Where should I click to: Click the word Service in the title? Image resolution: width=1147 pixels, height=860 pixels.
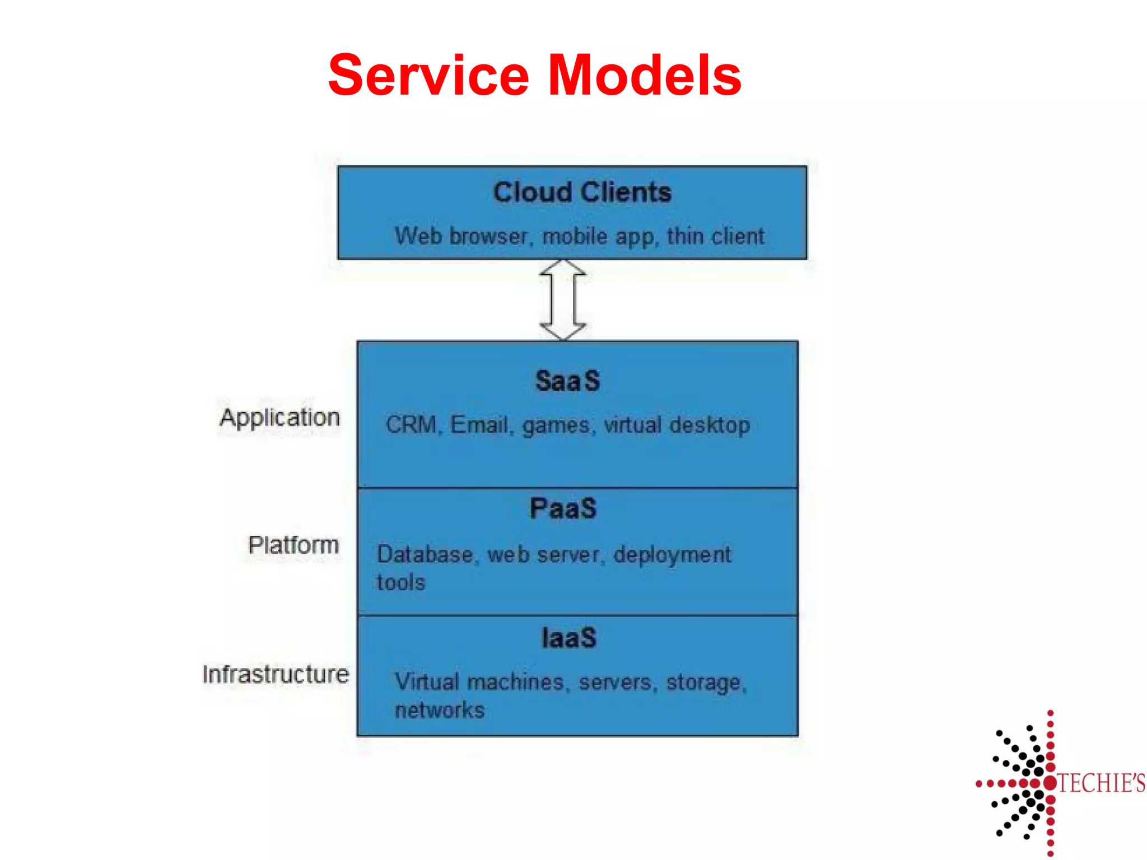pos(428,75)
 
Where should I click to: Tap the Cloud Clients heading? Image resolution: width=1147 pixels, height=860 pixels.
pos(582,192)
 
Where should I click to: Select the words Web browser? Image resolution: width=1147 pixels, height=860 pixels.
pos(461,236)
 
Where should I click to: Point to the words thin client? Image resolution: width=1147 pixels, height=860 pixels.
pos(715,236)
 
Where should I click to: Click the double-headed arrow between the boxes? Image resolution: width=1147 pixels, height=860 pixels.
pos(563,300)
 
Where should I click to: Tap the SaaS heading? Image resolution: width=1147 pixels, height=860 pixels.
pos(567,381)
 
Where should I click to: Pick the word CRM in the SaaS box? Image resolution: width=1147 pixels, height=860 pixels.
pos(411,424)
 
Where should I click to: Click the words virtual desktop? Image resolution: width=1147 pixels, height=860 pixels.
pos(677,424)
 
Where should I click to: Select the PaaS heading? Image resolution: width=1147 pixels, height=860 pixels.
pos(563,508)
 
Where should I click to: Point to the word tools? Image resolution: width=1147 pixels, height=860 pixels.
pos(400,582)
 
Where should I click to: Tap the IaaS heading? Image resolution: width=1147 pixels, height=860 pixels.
pos(568,638)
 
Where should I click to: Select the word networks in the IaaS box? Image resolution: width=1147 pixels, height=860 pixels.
pos(439,710)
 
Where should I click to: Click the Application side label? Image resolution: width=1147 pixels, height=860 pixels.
pos(280,418)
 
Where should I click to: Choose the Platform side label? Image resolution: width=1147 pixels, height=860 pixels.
pos(293,545)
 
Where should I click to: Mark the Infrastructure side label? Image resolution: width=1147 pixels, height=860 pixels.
pos(276,674)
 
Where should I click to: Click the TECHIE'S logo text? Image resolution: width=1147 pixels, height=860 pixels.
pos(1101,783)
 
